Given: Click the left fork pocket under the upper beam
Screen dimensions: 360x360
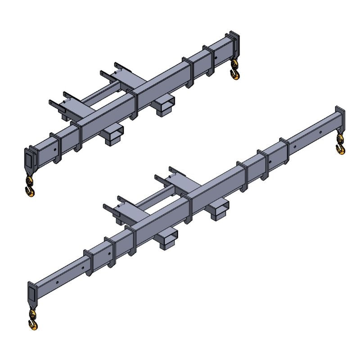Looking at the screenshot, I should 114,135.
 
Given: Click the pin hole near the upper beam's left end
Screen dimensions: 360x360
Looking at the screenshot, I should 55,150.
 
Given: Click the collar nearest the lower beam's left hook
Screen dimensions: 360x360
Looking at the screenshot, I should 88,263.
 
